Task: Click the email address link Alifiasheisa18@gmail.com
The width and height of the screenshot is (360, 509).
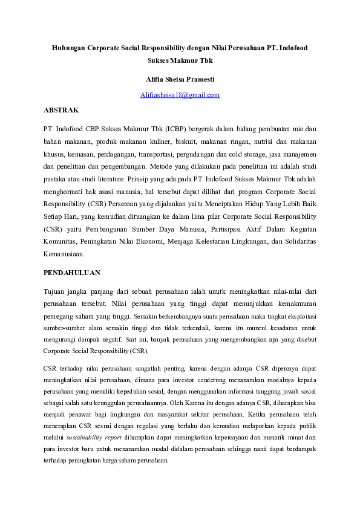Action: (x=180, y=95)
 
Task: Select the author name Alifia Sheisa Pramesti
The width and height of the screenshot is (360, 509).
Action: (x=180, y=79)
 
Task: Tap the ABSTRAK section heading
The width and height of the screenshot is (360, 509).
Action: (x=61, y=111)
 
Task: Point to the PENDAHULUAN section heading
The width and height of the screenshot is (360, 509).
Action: (x=72, y=273)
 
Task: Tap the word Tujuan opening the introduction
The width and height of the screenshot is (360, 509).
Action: (x=55, y=291)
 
